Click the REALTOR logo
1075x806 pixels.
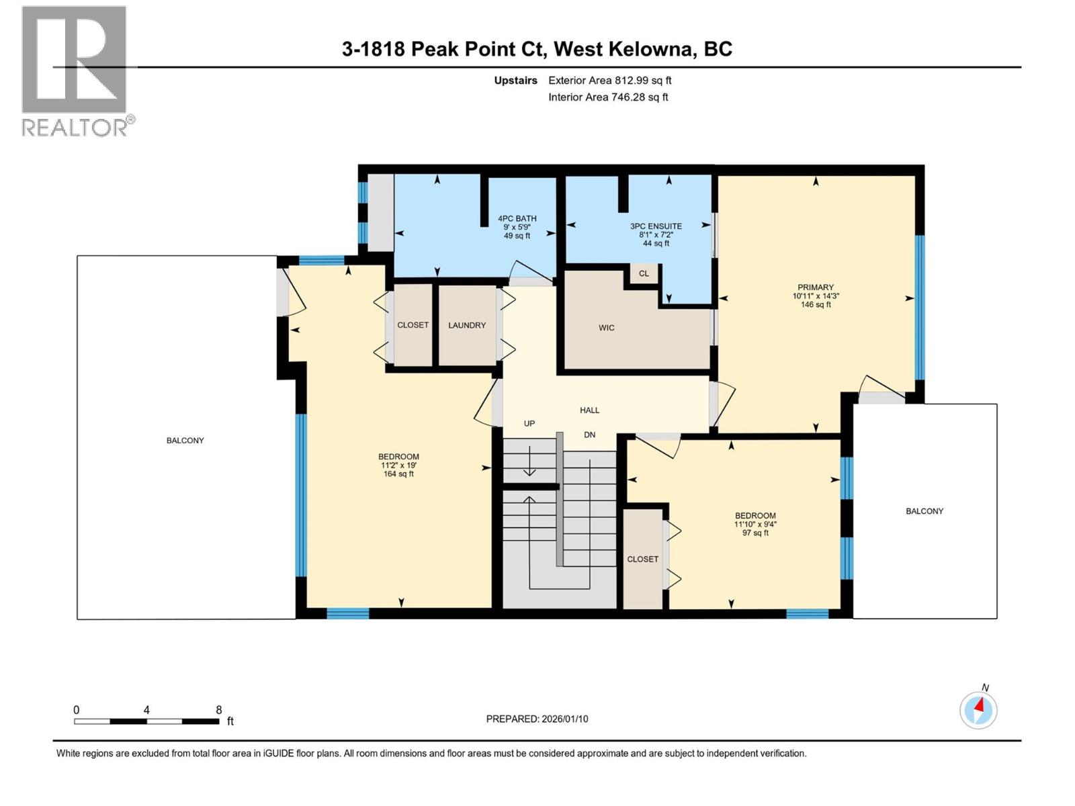[74, 71]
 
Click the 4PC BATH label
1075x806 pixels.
[517, 218]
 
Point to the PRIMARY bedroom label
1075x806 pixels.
[816, 287]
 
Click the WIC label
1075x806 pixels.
[606, 328]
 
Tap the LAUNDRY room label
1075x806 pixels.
[467, 325]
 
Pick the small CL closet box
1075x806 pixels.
[644, 273]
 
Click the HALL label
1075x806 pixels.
[589, 410]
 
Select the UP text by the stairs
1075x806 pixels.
[529, 424]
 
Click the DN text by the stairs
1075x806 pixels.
[589, 435]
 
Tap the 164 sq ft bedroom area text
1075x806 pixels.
[398, 474]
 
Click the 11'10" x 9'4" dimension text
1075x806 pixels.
[755, 525]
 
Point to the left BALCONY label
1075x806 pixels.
[185, 441]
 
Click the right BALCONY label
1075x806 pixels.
[924, 511]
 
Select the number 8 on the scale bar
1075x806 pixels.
[219, 710]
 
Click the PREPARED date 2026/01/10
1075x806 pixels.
[564, 719]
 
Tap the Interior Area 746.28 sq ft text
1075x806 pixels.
[608, 97]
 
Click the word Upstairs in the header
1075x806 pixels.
[515, 81]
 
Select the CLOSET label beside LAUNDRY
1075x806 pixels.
[413, 325]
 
